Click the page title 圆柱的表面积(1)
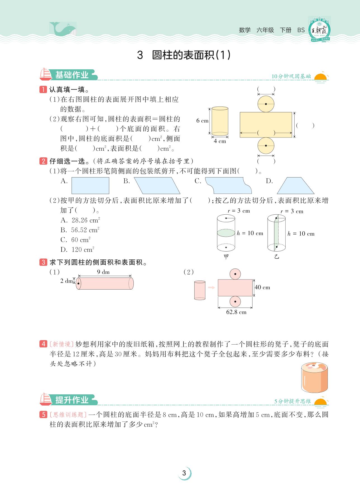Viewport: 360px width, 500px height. click(184, 55)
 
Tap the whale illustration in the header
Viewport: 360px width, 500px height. click(62, 29)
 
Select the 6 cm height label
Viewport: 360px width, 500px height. click(202, 121)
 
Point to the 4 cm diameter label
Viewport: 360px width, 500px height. click(220, 141)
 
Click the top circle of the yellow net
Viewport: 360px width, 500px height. click(266, 104)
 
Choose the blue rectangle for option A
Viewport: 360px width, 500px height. click(90, 186)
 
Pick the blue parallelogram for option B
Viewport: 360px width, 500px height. click(157, 186)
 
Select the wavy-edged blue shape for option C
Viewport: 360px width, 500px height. click(228, 185)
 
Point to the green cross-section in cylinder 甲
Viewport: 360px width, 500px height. click(226, 233)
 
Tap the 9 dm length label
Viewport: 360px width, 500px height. click(103, 272)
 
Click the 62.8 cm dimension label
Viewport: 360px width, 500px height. click(236, 312)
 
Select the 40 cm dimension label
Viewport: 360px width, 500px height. click(262, 287)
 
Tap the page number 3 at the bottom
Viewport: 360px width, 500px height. click(184, 473)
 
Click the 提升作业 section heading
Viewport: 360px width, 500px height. click(72, 400)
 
